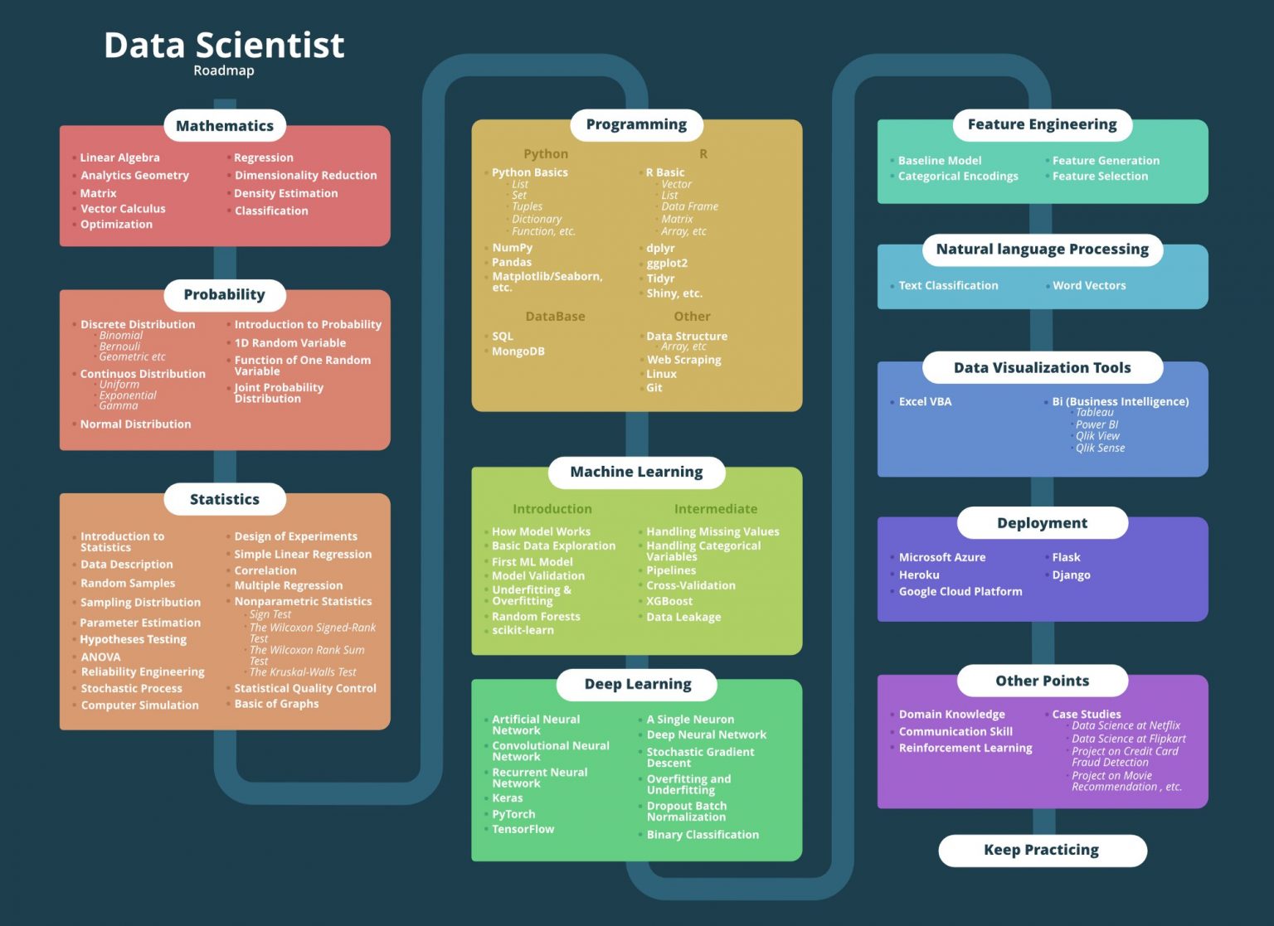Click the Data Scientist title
pyautogui.click(x=224, y=46)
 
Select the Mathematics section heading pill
pyautogui.click(x=225, y=126)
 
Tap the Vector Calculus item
pyautogui.click(x=123, y=209)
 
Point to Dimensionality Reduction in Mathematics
pyautogui.click(x=305, y=176)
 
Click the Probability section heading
pyautogui.click(x=224, y=294)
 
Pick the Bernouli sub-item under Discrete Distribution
pyautogui.click(x=120, y=347)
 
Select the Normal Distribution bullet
pyautogui.click(x=135, y=424)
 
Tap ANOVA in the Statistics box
pyautogui.click(x=100, y=657)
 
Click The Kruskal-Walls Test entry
pyautogui.click(x=303, y=672)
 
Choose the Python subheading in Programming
pyautogui.click(x=546, y=154)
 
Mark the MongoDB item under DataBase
pyautogui.click(x=518, y=351)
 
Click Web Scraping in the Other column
pyautogui.click(x=683, y=360)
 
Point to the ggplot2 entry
pyautogui.click(x=667, y=264)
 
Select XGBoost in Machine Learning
pyautogui.click(x=669, y=601)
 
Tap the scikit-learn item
pyautogui.click(x=523, y=630)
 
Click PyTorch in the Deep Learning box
pyautogui.click(x=513, y=814)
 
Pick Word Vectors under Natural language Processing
pyautogui.click(x=1089, y=285)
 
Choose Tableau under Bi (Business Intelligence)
pyautogui.click(x=1095, y=412)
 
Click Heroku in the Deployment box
pyautogui.click(x=919, y=575)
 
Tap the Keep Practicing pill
pyautogui.click(x=1042, y=850)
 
